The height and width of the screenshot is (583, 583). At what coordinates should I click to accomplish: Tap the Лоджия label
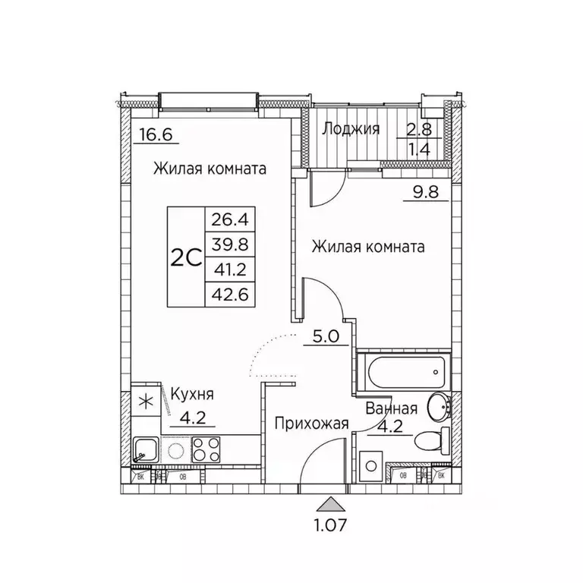coord(350,129)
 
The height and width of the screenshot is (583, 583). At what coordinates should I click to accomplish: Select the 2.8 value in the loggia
coord(416,129)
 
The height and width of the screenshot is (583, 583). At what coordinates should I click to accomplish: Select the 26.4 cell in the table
coord(232,221)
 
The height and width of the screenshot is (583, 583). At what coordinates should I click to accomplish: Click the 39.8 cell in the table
coord(232,244)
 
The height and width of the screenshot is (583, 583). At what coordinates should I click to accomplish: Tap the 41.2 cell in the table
coord(232,269)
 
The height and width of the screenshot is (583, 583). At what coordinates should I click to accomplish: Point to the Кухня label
coord(191,395)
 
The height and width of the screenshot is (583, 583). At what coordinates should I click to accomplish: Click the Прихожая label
coord(312,424)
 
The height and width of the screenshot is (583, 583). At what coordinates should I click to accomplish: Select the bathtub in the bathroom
coord(403,372)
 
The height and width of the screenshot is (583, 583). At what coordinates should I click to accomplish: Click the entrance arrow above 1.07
coord(327,503)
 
